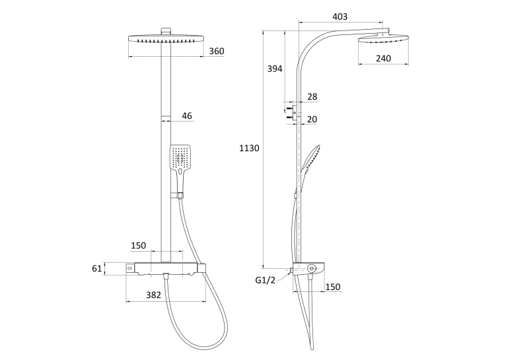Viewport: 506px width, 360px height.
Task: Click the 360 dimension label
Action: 217,52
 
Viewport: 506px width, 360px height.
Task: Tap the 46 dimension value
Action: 187,116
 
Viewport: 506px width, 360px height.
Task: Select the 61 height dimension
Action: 97,268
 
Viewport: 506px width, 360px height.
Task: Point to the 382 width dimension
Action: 153,295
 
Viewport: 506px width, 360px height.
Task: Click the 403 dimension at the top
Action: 340,17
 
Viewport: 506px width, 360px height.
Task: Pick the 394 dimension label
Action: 275,69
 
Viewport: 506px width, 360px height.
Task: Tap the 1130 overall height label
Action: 249,149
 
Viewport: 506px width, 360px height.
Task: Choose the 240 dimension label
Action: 383,58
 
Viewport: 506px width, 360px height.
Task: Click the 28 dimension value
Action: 312,97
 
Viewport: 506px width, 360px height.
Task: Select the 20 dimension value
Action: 312,120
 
